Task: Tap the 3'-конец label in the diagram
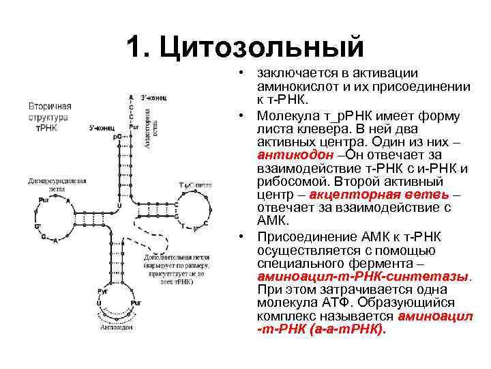(154, 98)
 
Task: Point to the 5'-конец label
(102, 128)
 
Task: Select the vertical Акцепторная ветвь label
(150, 123)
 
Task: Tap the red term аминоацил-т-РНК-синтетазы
(364, 277)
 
